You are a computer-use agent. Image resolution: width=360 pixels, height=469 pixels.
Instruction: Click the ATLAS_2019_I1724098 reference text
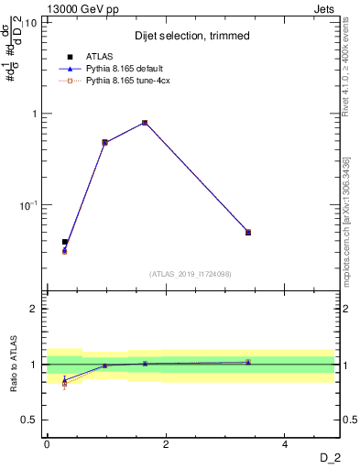(x=191, y=273)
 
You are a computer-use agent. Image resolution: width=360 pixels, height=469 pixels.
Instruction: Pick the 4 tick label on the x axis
(x=285, y=444)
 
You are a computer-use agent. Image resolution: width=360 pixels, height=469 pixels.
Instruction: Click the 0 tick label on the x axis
(x=47, y=444)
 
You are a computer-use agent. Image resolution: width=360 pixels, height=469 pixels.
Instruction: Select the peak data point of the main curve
(x=145, y=123)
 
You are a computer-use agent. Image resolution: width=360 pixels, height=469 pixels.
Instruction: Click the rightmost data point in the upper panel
(x=248, y=233)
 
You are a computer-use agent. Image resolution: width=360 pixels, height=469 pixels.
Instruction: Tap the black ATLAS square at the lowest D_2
(x=64, y=242)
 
